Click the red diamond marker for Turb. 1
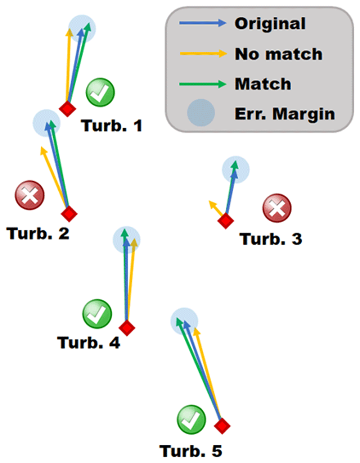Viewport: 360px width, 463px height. click(x=67, y=109)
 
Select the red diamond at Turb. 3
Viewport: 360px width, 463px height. click(x=225, y=221)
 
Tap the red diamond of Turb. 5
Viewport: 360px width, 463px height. click(x=222, y=426)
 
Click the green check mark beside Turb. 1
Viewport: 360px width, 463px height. click(x=100, y=92)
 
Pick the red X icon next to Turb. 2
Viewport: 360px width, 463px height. click(x=30, y=195)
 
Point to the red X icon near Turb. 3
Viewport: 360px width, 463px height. click(x=277, y=208)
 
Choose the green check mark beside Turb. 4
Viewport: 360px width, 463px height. click(x=97, y=314)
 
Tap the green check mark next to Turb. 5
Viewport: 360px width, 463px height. click(x=192, y=419)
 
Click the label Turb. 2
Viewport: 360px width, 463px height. click(x=38, y=233)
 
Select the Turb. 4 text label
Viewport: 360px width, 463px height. click(x=89, y=342)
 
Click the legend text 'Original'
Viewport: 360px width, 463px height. click(x=270, y=24)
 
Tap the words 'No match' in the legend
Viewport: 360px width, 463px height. click(x=279, y=54)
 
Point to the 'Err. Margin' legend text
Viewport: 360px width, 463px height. click(x=285, y=114)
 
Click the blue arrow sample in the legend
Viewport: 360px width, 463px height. click(x=203, y=23)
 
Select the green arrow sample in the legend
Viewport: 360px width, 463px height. click(x=203, y=84)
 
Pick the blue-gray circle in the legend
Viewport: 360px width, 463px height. click(x=201, y=113)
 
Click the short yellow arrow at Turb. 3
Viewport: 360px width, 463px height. click(x=216, y=208)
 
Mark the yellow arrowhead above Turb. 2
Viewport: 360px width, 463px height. click(x=44, y=150)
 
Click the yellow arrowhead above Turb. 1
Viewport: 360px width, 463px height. click(x=69, y=32)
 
